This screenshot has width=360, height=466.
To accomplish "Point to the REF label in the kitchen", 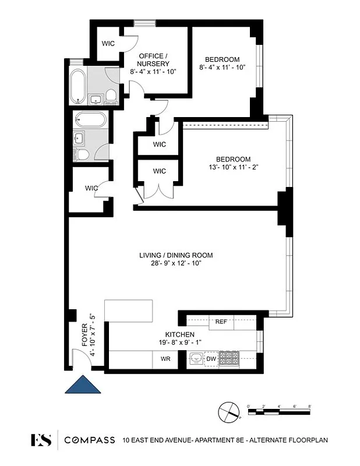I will click(221, 322).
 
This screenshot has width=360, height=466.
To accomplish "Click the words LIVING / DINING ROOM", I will click(175, 255).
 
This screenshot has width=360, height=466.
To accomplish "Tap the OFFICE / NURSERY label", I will click(154, 59).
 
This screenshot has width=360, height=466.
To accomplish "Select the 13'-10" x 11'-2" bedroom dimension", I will click(233, 168).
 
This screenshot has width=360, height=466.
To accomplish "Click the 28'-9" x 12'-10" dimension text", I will click(175, 263).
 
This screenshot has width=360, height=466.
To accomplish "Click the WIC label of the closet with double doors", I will click(159, 171).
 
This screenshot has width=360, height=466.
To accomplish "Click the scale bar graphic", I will click(279, 412).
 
